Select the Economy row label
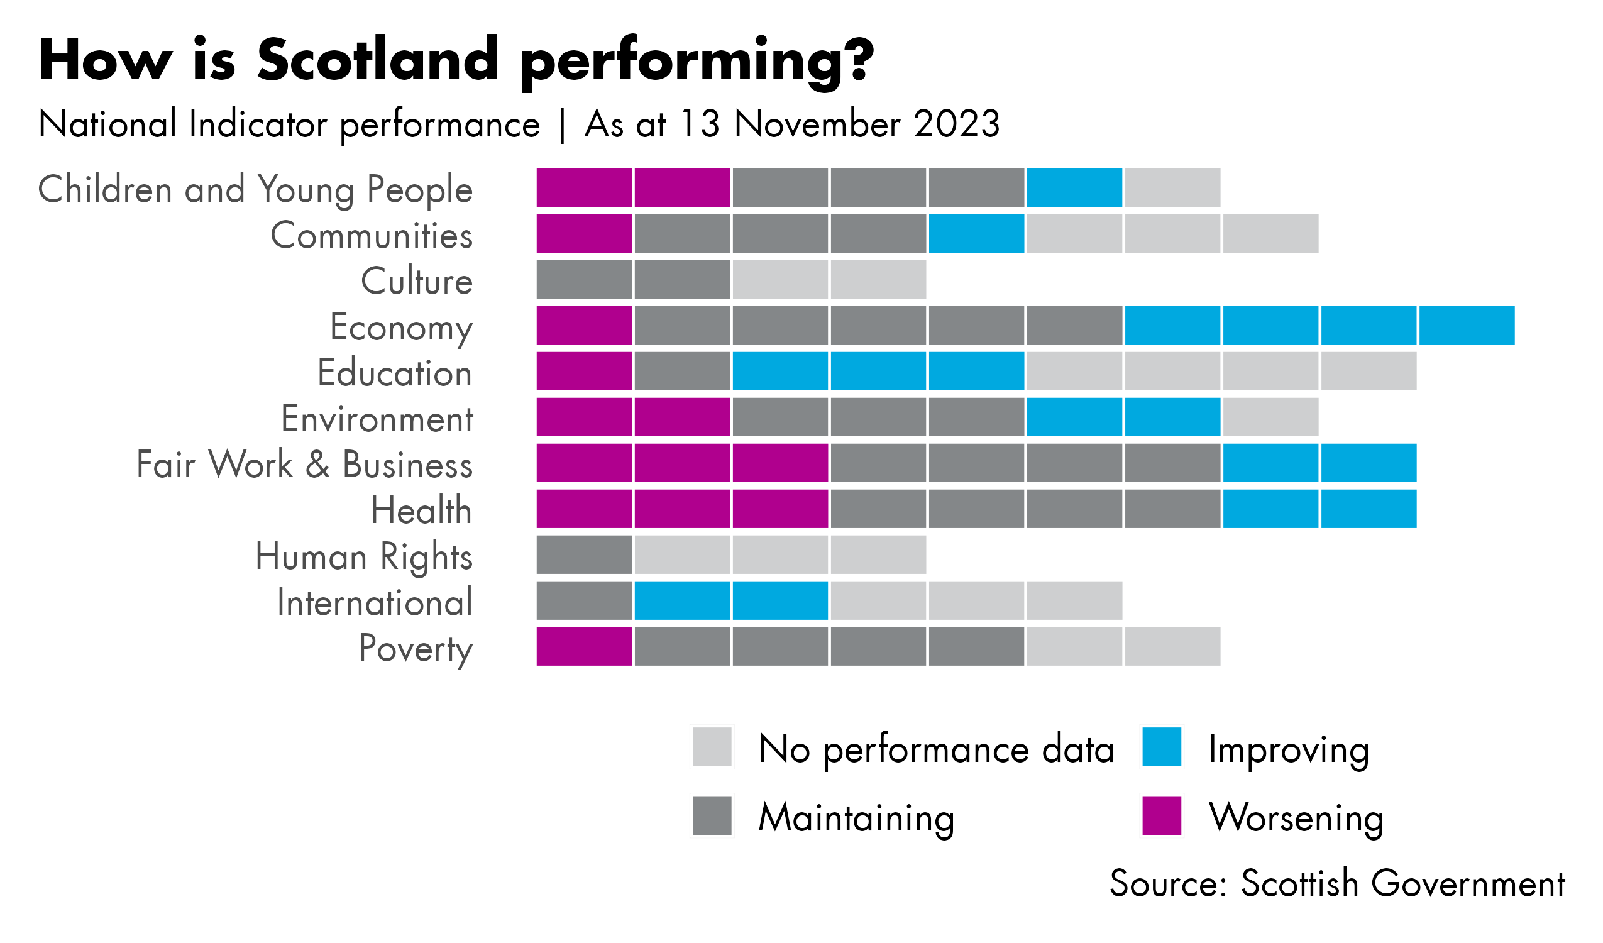402,328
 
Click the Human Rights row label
364,557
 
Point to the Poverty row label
416,648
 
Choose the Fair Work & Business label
305,465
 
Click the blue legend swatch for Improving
1162,747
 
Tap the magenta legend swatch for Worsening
1162,816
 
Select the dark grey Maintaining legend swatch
712,816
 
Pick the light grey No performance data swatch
712,747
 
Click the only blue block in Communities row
976,233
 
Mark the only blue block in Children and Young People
1074,188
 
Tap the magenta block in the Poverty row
584,646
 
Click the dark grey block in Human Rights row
584,555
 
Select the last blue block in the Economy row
1467,325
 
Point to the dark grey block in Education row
682,371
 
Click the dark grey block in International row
584,600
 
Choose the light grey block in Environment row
1270,417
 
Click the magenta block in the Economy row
584,325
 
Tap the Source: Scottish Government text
1337,884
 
